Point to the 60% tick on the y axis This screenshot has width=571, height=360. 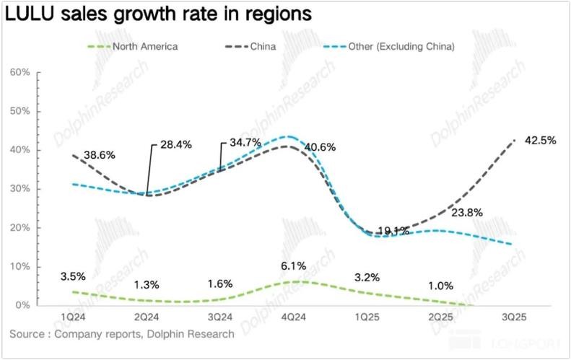20,73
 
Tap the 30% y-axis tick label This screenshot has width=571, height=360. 20,189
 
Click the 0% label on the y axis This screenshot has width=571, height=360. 23,306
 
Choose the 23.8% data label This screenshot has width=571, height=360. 466,213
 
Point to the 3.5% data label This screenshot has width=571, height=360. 73,276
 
